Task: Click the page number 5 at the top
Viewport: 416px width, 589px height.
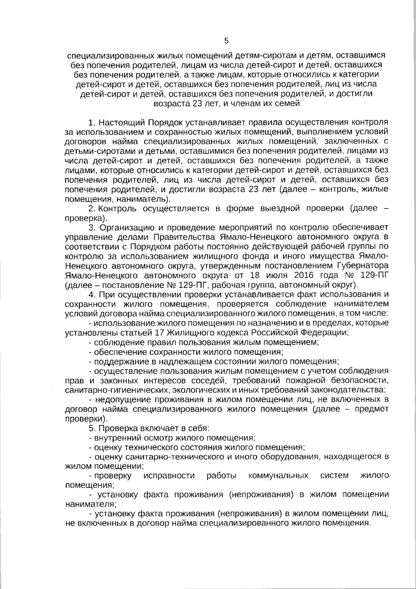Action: click(x=226, y=41)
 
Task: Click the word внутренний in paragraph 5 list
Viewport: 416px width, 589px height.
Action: click(x=114, y=437)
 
